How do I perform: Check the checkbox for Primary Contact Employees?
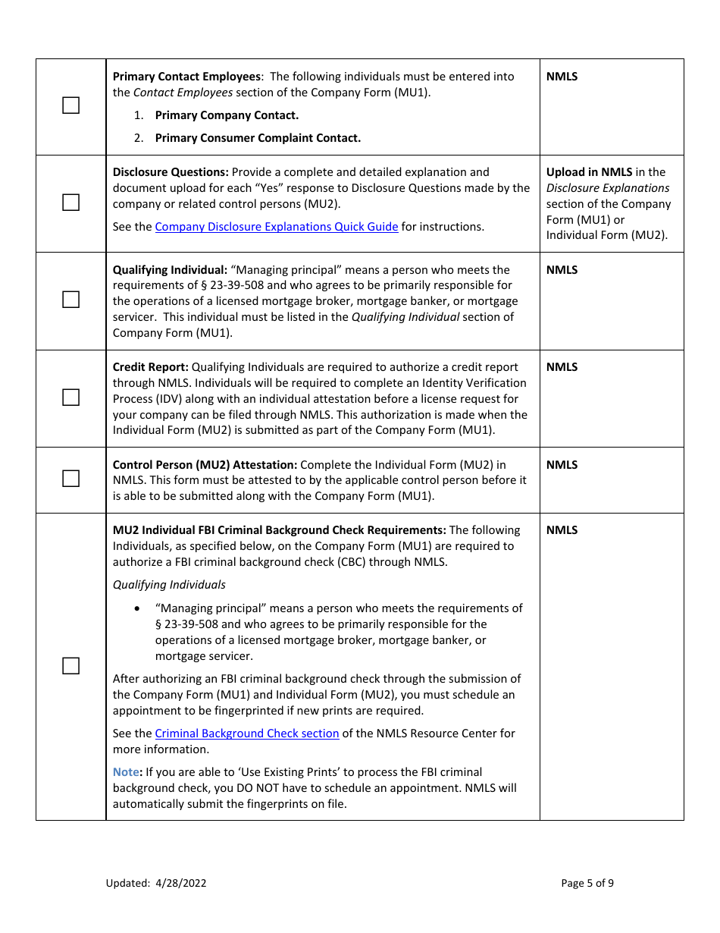click(x=70, y=106)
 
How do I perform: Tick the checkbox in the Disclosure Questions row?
click(x=70, y=203)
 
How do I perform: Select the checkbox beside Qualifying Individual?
click(x=70, y=300)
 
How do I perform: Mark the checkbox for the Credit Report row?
click(x=70, y=397)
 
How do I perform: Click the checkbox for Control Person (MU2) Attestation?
click(x=70, y=479)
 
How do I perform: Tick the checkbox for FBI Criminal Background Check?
click(x=70, y=666)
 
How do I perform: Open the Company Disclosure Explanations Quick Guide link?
click(x=276, y=227)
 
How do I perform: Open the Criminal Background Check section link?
click(x=246, y=734)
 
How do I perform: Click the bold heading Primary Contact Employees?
click(x=186, y=77)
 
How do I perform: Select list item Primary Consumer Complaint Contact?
click(x=258, y=138)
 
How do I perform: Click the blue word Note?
click(x=126, y=772)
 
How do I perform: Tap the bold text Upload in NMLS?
click(x=589, y=172)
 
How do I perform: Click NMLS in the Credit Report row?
click(x=562, y=367)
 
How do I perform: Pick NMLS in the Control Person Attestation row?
click(x=562, y=465)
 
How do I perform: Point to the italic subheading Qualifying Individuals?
click(x=169, y=585)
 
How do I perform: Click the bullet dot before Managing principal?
click(x=136, y=608)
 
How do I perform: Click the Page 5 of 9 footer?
click(x=587, y=883)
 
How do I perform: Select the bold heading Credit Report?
click(x=150, y=367)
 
